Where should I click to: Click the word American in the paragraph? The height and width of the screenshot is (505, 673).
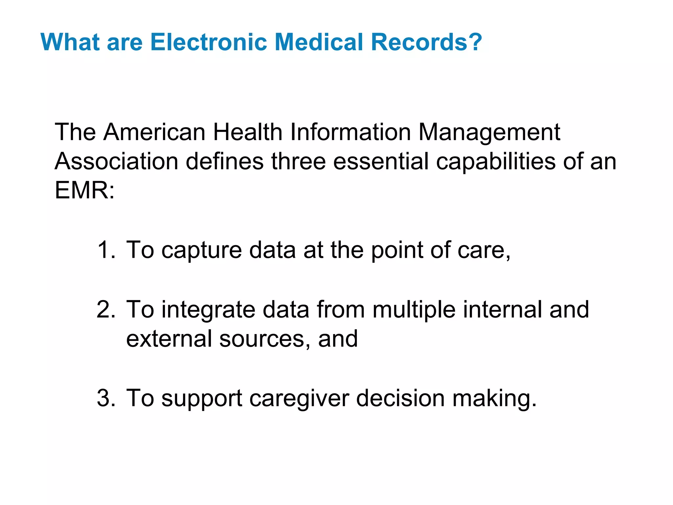click(154, 132)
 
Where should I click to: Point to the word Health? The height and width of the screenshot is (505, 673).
click(247, 132)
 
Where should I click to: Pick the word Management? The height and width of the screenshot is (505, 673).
click(489, 133)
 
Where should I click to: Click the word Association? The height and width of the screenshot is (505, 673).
click(116, 161)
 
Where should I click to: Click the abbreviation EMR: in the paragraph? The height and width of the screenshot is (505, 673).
click(84, 190)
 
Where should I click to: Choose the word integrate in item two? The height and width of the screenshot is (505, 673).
click(208, 310)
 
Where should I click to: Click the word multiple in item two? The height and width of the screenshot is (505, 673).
click(414, 310)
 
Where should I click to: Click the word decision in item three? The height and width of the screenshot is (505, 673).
click(400, 398)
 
